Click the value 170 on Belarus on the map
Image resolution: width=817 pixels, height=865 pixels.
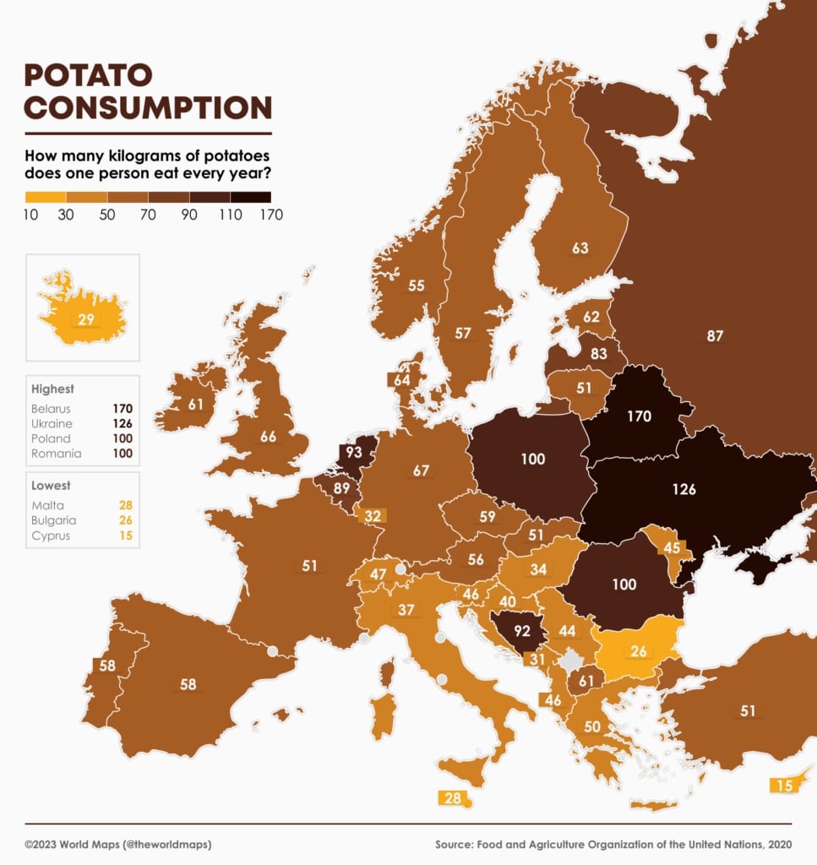[x=639, y=416]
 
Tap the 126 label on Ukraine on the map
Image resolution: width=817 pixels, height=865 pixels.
[x=684, y=489]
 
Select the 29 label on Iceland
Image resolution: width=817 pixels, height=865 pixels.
[x=85, y=318]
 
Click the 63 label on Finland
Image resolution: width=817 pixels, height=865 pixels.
[x=580, y=248]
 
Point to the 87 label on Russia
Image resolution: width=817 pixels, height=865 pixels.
[x=715, y=336]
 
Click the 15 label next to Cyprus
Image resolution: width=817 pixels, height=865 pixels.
[x=784, y=786]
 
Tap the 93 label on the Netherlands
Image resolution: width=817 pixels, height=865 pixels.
[x=353, y=453]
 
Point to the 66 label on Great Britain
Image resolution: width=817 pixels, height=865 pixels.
[x=268, y=437]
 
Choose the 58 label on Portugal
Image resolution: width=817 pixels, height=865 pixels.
[x=106, y=665]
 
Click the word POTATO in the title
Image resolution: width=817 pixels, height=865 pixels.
[x=89, y=75]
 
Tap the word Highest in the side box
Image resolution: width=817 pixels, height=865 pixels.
[x=52, y=389]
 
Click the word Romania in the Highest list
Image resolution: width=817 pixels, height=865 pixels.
[x=57, y=453]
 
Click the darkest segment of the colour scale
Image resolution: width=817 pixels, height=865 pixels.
[x=251, y=197]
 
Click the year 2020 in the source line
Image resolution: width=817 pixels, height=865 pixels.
[x=777, y=844]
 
